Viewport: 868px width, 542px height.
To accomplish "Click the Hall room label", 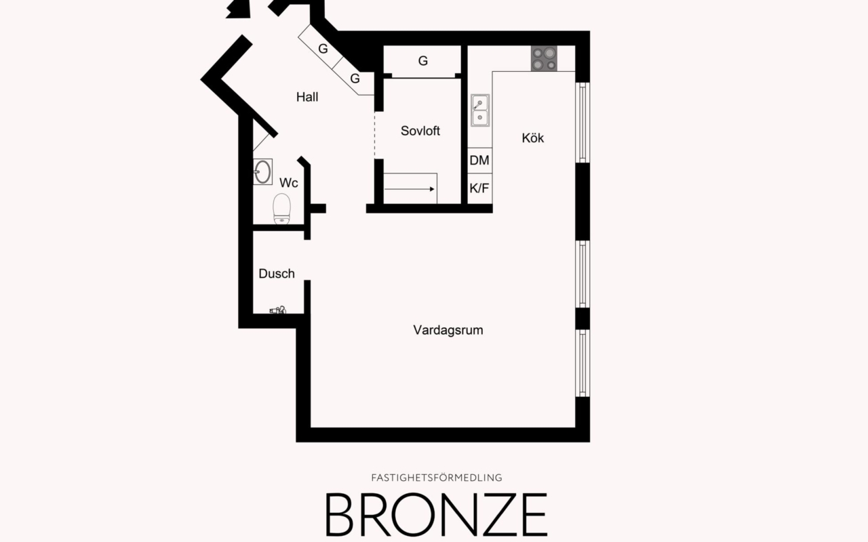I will point(307,97).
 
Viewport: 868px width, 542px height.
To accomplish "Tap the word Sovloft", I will point(420,131).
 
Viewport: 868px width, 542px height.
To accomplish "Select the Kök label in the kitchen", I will point(532,138).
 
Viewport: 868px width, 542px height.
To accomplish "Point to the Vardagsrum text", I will point(448,330).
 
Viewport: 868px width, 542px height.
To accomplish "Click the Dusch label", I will point(277,274).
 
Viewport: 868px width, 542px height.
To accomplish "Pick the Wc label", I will point(289,183).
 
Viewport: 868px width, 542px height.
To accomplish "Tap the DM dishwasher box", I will point(479,161).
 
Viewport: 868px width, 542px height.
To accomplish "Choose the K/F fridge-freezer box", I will point(479,188).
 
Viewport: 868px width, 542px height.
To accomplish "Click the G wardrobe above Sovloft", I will point(422,61).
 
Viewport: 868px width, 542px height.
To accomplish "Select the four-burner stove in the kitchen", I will point(544,58).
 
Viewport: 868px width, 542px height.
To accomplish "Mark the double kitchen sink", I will point(480,110).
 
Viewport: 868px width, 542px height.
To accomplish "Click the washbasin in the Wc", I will point(262,171).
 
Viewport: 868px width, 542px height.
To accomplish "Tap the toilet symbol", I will point(281,208).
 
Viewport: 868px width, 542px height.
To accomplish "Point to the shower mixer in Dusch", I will point(278,310).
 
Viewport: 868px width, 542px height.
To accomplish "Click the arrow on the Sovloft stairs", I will point(410,190).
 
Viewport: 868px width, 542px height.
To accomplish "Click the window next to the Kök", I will point(583,122).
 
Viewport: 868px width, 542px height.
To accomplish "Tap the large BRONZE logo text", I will point(436,514).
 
